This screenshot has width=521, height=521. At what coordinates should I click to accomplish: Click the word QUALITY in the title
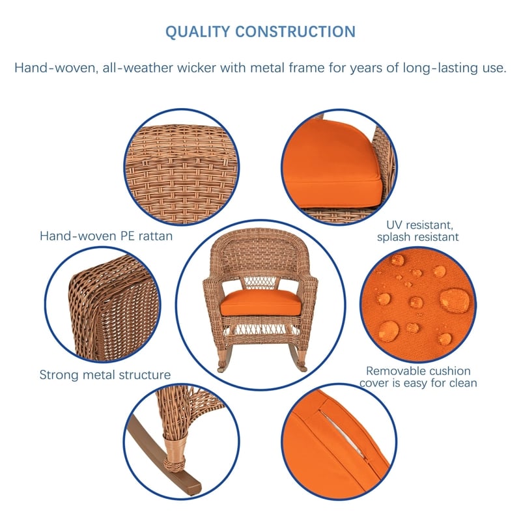(x=197, y=32)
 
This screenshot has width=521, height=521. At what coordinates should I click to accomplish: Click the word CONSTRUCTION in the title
(x=296, y=31)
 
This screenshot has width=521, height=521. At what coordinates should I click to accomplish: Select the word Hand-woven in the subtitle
(x=55, y=68)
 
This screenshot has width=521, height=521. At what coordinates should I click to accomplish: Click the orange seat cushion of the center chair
(x=261, y=303)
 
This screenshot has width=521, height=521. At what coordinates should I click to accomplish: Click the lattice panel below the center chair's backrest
(x=261, y=283)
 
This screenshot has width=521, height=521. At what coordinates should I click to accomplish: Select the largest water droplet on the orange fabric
(x=455, y=300)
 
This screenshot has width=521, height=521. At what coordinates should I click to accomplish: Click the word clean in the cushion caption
(x=463, y=383)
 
